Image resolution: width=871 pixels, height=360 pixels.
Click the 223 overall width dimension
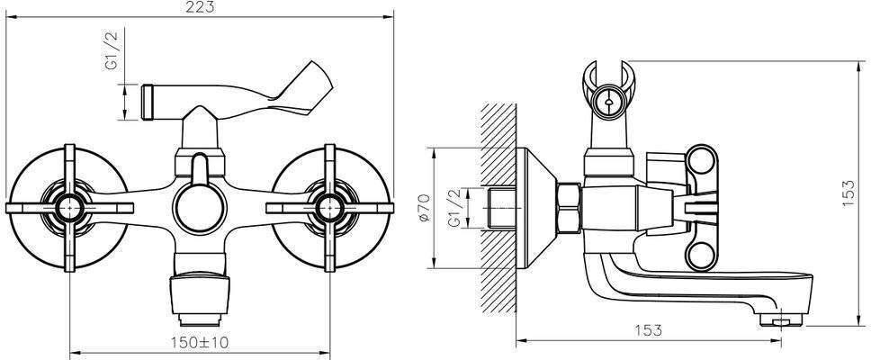click(x=201, y=8)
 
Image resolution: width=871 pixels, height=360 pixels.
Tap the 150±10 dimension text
click(x=201, y=342)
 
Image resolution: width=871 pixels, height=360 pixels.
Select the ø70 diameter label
click(x=424, y=208)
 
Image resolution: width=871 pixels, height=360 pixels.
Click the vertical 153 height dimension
click(x=849, y=193)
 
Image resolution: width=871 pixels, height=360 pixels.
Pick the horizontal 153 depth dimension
click(x=648, y=330)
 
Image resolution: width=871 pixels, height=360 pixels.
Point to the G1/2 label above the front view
click(x=112, y=50)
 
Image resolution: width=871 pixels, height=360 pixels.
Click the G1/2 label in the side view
click(x=453, y=208)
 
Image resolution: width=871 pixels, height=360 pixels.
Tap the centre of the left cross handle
click(x=69, y=208)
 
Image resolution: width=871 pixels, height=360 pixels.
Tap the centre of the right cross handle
click(x=330, y=208)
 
